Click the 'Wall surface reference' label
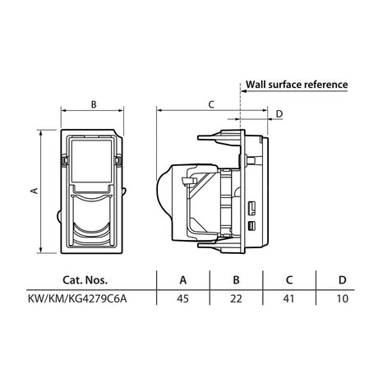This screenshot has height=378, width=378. click(x=296, y=85)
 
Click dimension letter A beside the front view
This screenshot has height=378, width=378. click(x=33, y=191)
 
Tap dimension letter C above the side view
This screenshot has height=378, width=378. click(x=210, y=104)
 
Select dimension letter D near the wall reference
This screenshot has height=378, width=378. click(x=279, y=113)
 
